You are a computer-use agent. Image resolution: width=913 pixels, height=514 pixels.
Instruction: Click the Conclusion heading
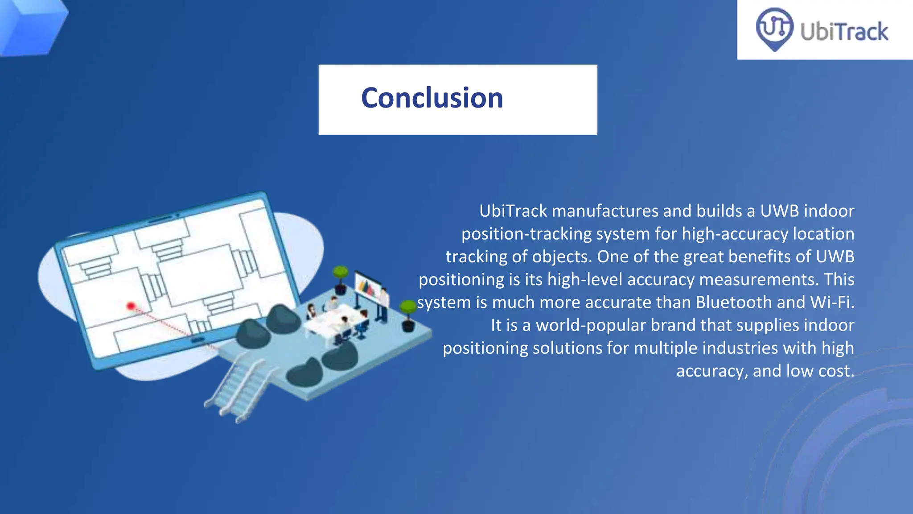432,98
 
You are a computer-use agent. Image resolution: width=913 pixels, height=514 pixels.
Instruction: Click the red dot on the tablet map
131,306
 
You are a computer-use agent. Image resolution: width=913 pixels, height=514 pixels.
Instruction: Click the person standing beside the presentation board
383,304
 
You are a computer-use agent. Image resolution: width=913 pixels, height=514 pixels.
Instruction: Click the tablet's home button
197,340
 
